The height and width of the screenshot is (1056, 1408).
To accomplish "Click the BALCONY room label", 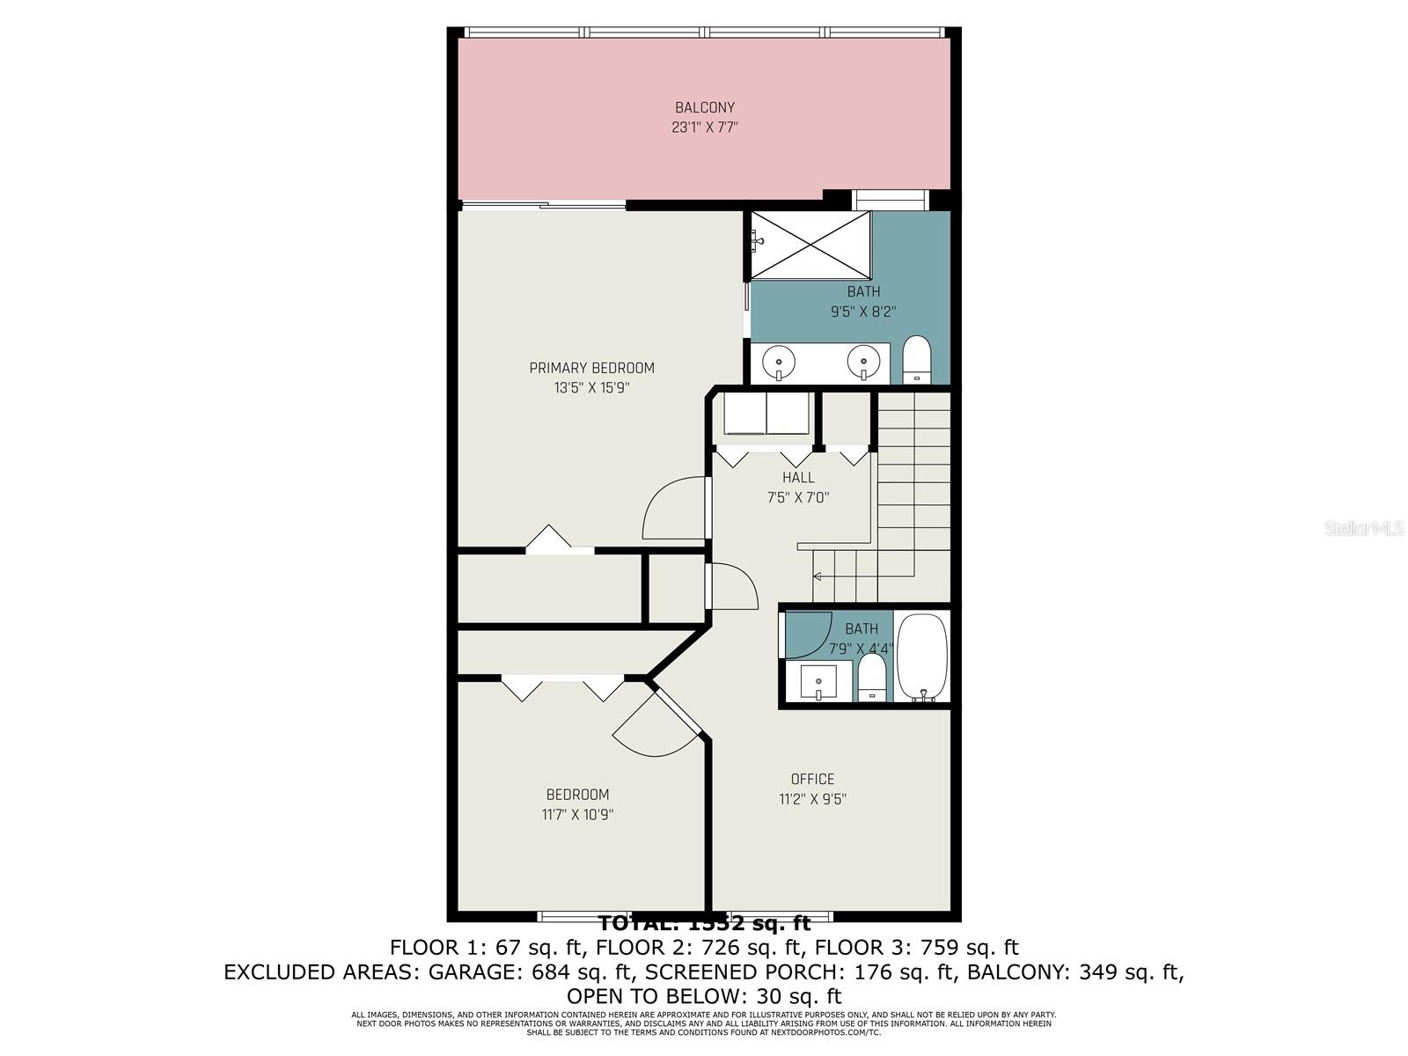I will [x=704, y=107].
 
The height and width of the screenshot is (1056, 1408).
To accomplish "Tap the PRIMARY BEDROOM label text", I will [x=591, y=368].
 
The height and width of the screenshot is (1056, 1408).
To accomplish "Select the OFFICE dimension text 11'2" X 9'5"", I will [x=812, y=799].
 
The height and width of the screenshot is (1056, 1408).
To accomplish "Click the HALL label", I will [x=798, y=477].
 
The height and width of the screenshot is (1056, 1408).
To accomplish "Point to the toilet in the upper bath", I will [x=917, y=360].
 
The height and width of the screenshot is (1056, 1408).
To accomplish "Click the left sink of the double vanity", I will [x=779, y=361].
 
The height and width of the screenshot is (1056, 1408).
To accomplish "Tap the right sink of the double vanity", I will [x=863, y=361].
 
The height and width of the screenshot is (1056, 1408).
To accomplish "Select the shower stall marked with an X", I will [x=810, y=245].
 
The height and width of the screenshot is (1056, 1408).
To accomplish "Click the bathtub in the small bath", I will [x=922, y=656].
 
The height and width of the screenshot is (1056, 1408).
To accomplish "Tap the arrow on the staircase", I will [x=818, y=576].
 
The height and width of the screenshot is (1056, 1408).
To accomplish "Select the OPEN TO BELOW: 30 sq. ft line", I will [x=704, y=996].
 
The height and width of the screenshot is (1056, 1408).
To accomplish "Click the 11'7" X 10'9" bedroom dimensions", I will [x=577, y=814].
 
